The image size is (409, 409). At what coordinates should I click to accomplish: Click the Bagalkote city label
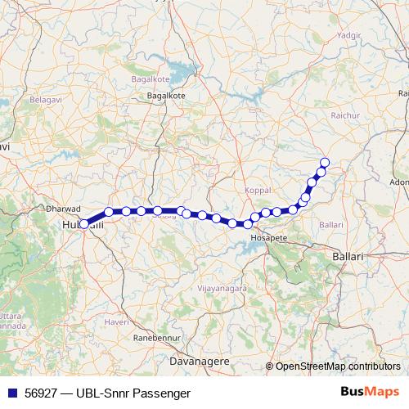(166, 95)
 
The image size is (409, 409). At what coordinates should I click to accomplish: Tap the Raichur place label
(345, 116)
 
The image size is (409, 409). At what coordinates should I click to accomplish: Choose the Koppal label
(258, 191)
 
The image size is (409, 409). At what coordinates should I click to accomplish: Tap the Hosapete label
(269, 236)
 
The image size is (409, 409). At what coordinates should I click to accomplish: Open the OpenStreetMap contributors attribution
(337, 366)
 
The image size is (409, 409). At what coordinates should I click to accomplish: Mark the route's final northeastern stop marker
(325, 162)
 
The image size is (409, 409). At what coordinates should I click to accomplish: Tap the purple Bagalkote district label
(151, 79)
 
